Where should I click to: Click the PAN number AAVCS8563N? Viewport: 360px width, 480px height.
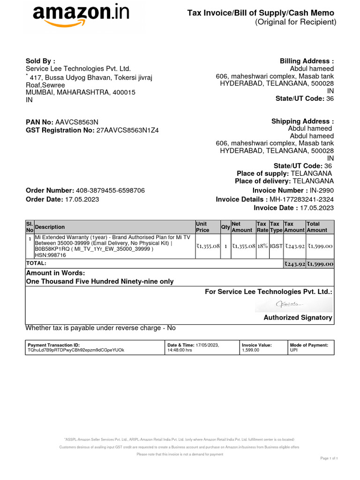77,122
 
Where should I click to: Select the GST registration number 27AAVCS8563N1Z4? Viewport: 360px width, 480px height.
127,130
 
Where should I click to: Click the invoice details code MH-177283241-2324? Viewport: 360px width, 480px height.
301,199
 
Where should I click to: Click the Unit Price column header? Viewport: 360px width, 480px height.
202,227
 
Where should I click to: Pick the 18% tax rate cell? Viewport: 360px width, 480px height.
262,246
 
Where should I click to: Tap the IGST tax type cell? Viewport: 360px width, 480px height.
276,246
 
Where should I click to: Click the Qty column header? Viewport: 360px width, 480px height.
225,227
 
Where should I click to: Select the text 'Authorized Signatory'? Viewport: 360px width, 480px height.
298,318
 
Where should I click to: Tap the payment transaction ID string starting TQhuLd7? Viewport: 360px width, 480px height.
76,350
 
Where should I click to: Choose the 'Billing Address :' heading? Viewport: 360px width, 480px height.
307,61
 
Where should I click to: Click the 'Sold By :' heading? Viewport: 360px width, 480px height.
40,60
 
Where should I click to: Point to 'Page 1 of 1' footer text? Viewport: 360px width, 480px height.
329,458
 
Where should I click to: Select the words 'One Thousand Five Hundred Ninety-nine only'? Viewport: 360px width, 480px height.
99,282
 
